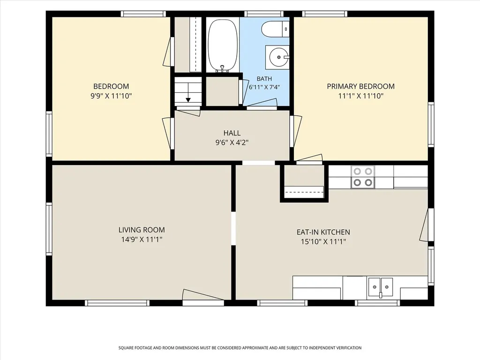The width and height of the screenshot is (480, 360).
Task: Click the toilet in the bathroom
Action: [275, 29]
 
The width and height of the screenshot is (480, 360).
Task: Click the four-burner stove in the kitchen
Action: [363, 177]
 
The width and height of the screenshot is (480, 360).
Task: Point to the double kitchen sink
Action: [380, 287]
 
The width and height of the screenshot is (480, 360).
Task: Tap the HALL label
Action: [232, 133]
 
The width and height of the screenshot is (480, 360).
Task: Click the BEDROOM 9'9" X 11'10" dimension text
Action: [111, 96]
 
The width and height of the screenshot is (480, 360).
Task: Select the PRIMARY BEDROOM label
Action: [360, 86]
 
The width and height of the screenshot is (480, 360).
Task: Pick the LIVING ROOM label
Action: [142, 230]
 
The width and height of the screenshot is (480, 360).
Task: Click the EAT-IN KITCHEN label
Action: [323, 232]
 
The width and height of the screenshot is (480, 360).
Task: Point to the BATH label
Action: [264, 79]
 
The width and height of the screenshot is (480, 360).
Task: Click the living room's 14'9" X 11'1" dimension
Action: [142, 240]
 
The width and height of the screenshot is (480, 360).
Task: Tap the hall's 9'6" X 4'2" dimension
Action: [232, 142]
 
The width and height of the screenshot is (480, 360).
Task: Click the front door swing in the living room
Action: [203, 294]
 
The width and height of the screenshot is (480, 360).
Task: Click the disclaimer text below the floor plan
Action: [240, 348]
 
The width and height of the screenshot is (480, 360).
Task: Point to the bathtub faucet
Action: [223, 68]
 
